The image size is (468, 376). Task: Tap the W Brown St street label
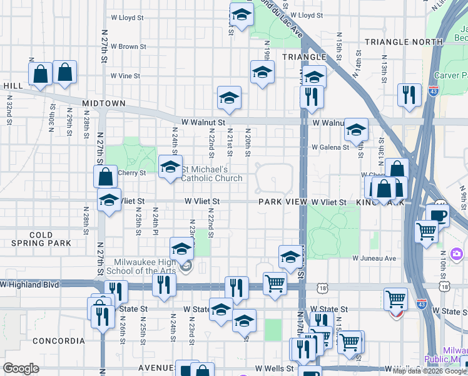coord(128,46)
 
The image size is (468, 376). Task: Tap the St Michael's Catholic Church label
coord(212,174)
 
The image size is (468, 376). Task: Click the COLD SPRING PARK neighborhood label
coord(41,239)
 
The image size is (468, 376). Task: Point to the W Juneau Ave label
coord(374,258)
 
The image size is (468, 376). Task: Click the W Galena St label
coord(330,147)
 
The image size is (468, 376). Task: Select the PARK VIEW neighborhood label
coord(282,202)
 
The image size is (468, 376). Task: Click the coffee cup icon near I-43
coord(437,214)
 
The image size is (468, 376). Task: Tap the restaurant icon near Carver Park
coord(409,95)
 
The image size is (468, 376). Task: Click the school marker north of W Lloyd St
coord(241,13)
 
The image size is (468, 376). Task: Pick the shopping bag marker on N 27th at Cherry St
coord(106,176)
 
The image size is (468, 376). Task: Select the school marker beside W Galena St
coord(356,130)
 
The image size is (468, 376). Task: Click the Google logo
coord(21,368)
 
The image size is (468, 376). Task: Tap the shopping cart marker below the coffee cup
coord(426,231)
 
